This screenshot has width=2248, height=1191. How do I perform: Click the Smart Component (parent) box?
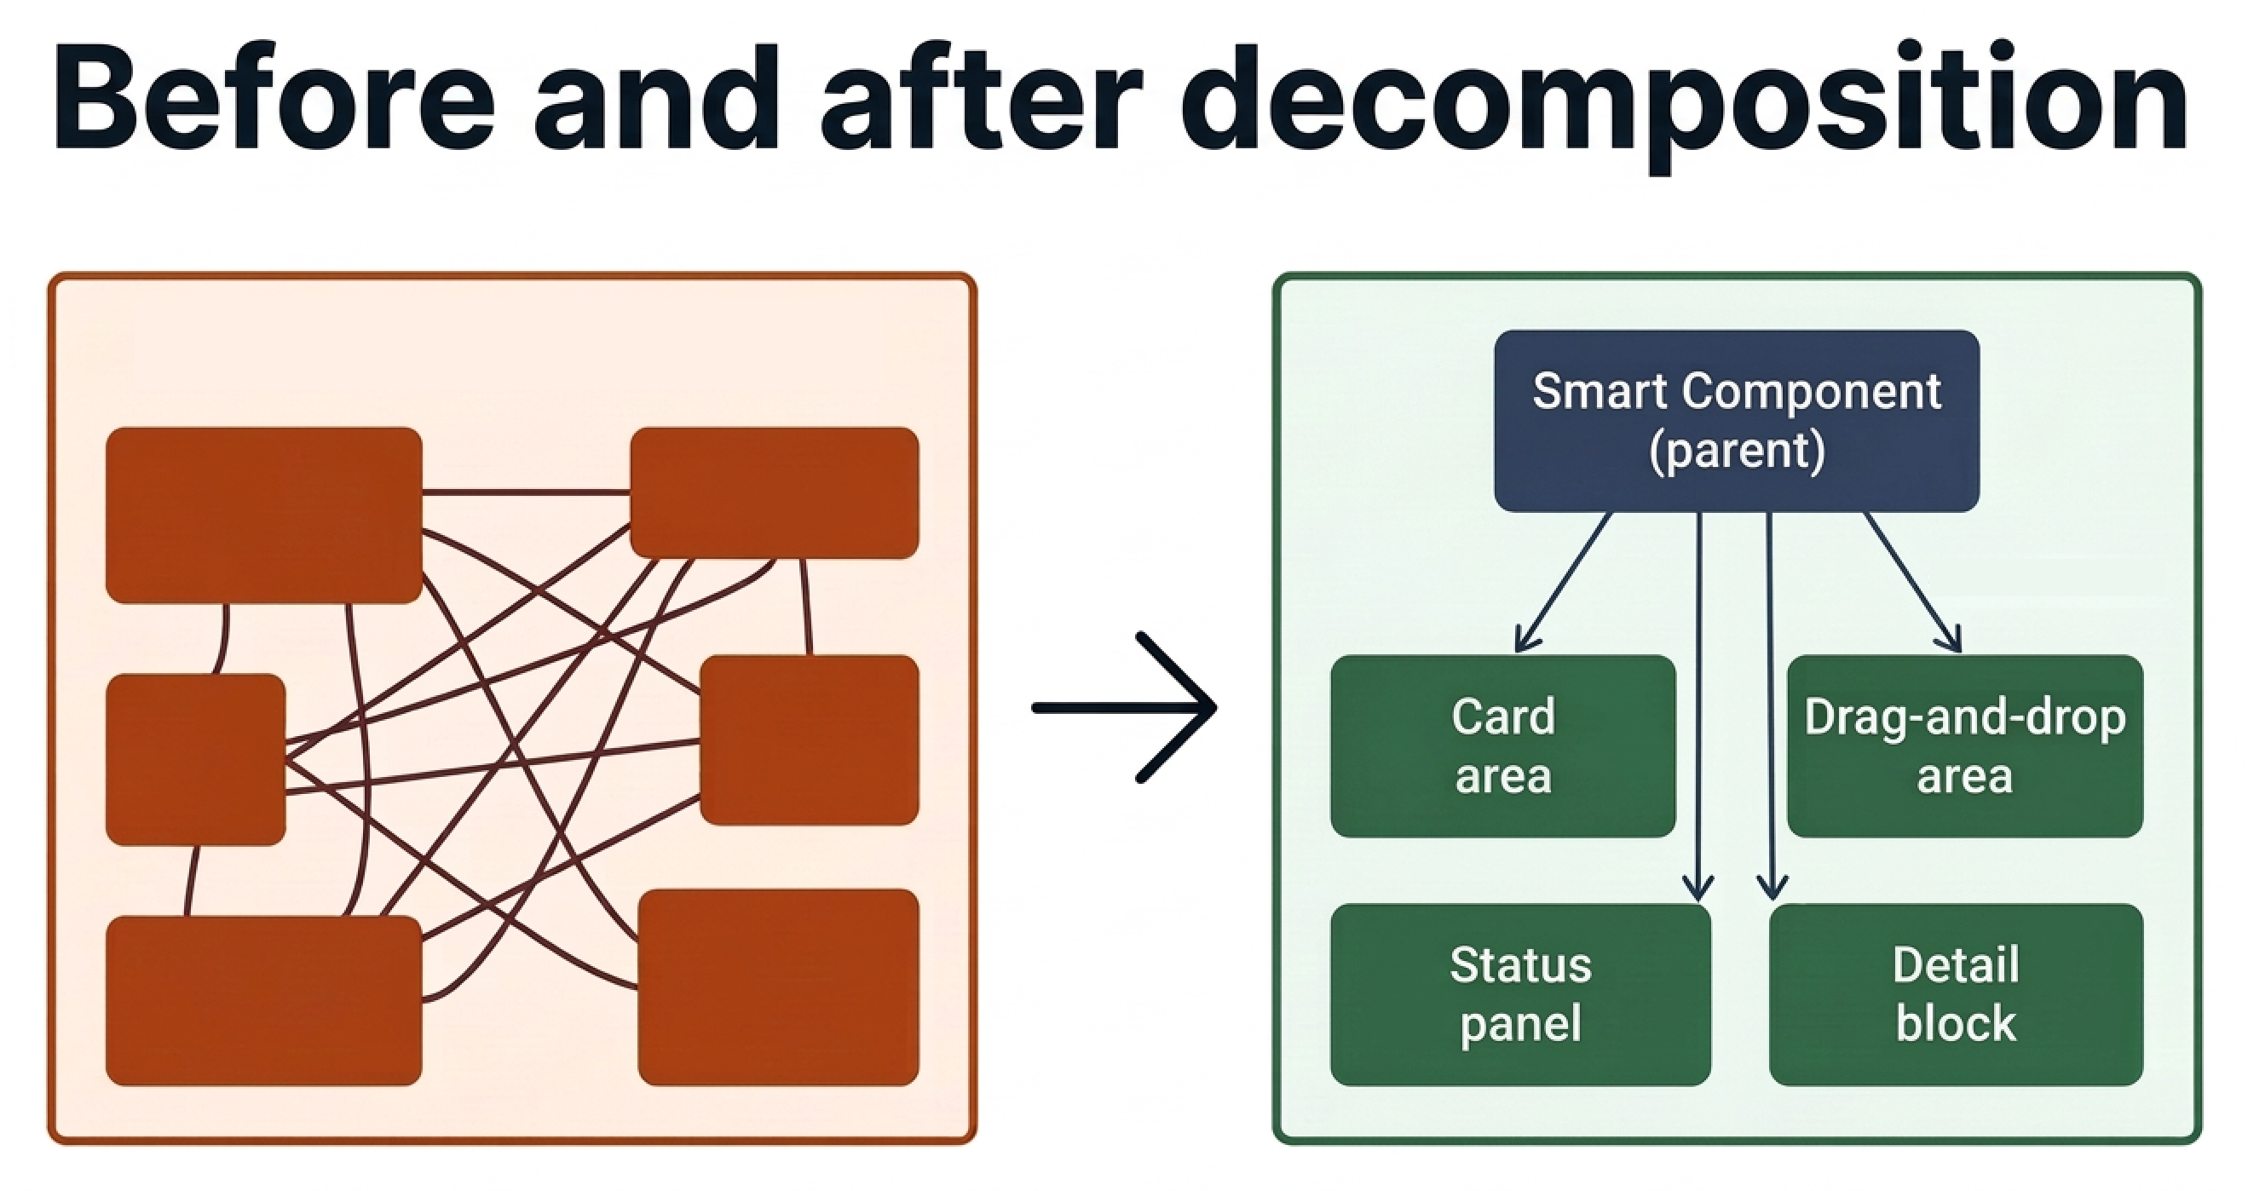[1736, 421]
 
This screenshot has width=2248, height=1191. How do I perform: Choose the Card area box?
[1502, 746]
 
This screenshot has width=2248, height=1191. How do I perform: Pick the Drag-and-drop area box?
[1964, 746]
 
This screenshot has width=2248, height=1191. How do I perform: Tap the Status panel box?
[1519, 995]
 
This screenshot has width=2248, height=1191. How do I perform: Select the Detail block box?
[1956, 995]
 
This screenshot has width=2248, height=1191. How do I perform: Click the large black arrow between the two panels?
[1126, 707]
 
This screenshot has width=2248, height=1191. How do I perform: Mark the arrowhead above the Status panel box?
[1698, 890]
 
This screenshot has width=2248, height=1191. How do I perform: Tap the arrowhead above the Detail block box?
[1771, 890]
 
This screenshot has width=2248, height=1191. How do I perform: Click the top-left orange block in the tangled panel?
[263, 515]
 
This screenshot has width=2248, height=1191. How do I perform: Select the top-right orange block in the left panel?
[774, 492]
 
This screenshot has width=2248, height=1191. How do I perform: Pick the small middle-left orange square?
[195, 759]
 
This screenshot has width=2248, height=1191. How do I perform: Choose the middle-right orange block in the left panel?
[809, 740]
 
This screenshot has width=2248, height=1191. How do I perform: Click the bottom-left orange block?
[263, 1000]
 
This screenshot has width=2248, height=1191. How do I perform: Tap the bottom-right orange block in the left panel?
[777, 987]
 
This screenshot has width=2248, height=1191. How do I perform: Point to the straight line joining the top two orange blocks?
[527, 493]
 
